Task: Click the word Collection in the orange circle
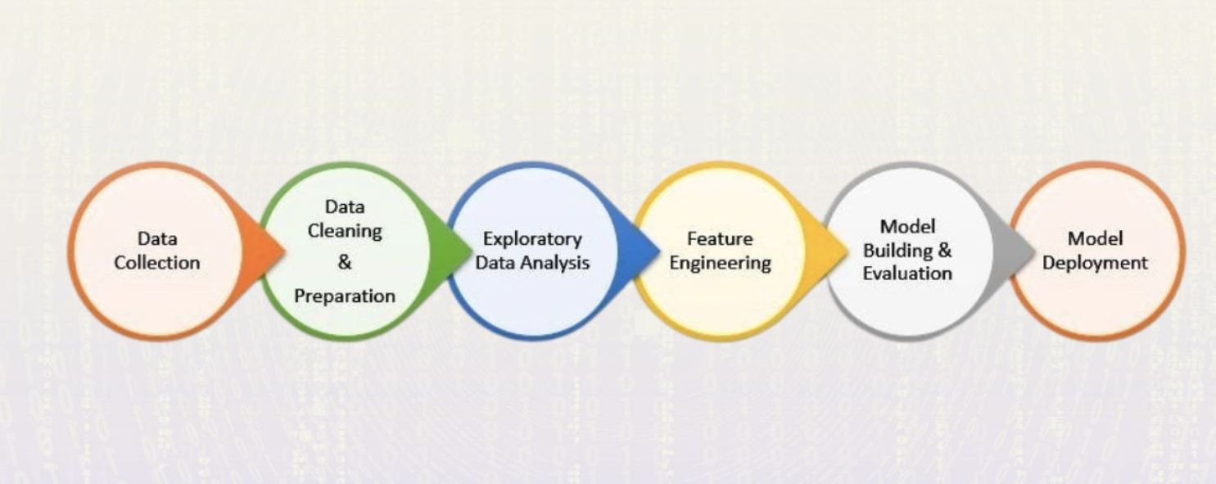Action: pos(157,263)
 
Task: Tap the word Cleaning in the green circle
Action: pos(345,232)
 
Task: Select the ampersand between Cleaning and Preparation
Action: pos(345,262)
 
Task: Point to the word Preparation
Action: pos(345,296)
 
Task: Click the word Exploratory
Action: pos(532,240)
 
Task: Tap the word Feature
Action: pos(720,238)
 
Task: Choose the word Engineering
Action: pos(720,264)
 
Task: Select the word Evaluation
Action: pos(907,274)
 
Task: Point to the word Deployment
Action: pos(1095,264)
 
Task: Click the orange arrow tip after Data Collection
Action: pos(284,251)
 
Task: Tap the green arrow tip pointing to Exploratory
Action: pos(471,251)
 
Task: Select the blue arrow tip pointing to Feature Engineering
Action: pos(659,251)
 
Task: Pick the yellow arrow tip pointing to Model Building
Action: pos(847,251)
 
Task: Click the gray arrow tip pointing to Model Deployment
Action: pos(1035,251)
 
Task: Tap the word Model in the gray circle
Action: pos(907,227)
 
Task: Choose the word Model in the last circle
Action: pos(1095,238)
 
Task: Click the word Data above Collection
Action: pos(157,238)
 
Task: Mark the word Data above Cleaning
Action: pos(345,207)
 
